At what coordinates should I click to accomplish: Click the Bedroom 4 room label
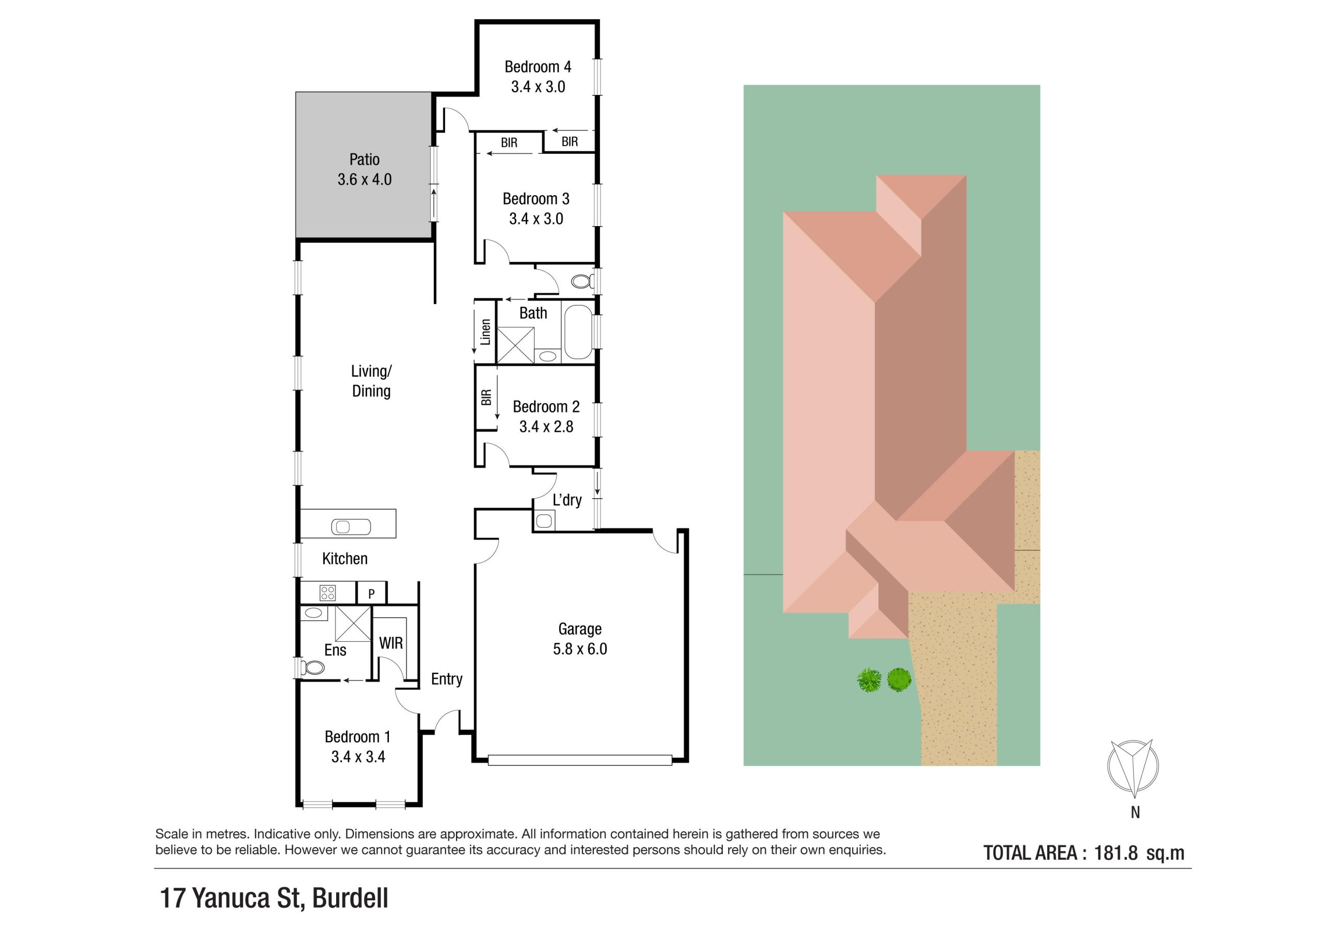pyautogui.click(x=538, y=67)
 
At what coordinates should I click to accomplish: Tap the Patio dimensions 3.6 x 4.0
pyautogui.click(x=365, y=180)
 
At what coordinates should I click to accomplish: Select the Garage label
pyautogui.click(x=580, y=629)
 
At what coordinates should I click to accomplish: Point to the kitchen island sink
pyautogui.click(x=351, y=526)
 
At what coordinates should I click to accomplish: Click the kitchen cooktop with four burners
pyautogui.click(x=327, y=592)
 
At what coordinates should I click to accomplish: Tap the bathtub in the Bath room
pyautogui.click(x=578, y=331)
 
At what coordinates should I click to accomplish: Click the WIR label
pyautogui.click(x=390, y=644)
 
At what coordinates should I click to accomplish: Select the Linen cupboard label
pyautogui.click(x=485, y=332)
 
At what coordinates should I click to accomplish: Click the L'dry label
pyautogui.click(x=567, y=500)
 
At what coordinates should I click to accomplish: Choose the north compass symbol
pyautogui.click(x=1132, y=766)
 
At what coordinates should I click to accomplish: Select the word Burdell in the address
pyautogui.click(x=350, y=898)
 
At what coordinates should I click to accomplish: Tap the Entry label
pyautogui.click(x=447, y=679)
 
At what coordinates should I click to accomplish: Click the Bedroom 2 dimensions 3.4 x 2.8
pyautogui.click(x=546, y=426)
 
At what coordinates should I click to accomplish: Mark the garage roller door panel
pyautogui.click(x=580, y=760)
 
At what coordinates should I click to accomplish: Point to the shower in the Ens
pyautogui.click(x=353, y=624)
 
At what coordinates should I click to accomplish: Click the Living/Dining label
pyautogui.click(x=371, y=381)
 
